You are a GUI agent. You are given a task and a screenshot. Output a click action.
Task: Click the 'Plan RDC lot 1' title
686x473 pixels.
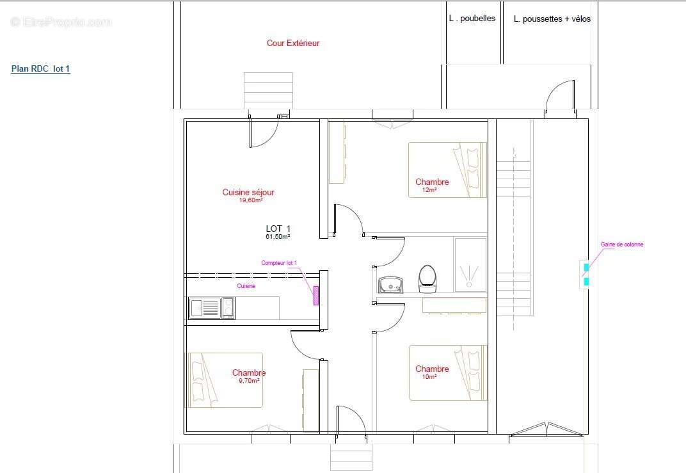40,69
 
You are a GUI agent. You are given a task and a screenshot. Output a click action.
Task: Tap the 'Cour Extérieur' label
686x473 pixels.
293,44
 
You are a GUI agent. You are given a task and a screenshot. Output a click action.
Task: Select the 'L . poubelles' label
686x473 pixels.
472,19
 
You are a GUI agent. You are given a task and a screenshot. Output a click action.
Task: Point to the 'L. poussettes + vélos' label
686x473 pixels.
552,19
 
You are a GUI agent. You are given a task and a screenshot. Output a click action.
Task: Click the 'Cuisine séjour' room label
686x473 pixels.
248,192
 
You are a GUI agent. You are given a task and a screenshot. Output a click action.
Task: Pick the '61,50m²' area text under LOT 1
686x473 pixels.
278,237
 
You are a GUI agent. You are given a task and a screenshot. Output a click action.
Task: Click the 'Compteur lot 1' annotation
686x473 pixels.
279,263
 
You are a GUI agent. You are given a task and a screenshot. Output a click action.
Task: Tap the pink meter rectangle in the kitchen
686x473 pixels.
315,295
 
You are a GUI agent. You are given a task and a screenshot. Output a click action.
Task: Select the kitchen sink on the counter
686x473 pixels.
204,308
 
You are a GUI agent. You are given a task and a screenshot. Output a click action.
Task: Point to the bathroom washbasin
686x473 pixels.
389,285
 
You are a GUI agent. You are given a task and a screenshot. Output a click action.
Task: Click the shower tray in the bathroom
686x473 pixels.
470,264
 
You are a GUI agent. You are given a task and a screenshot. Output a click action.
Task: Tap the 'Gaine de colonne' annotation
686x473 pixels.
622,245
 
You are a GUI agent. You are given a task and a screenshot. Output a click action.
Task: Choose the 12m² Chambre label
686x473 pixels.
432,182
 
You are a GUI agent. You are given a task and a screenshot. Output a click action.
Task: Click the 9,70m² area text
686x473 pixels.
248,381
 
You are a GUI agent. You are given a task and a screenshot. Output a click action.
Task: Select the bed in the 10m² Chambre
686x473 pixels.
448,373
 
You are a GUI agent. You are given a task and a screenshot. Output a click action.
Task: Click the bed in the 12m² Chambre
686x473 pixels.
448,170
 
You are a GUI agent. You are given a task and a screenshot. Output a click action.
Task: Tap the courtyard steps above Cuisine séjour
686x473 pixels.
268,90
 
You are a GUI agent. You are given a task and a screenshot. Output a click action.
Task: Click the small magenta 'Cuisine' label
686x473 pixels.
246,286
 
